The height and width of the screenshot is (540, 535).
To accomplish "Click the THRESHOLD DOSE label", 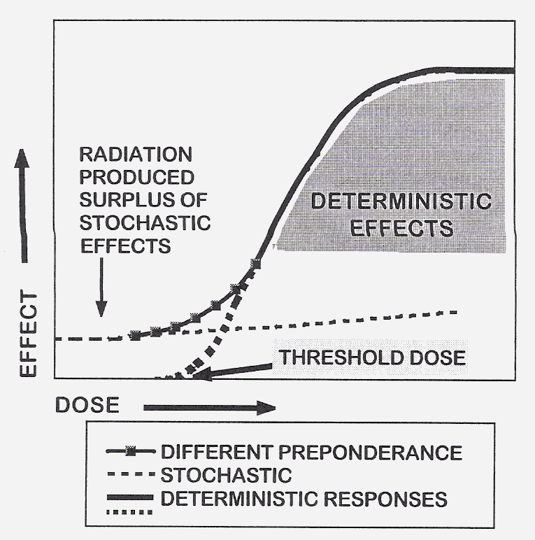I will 373,357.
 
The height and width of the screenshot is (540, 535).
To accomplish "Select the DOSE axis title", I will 88,406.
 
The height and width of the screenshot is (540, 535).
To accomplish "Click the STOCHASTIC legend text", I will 225,476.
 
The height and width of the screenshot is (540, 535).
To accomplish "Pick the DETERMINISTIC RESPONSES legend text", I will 304,499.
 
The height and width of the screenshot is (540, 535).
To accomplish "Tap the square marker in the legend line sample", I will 130,451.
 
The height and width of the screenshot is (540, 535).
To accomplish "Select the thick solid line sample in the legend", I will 131,497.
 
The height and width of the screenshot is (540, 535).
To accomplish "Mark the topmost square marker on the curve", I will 255,263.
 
